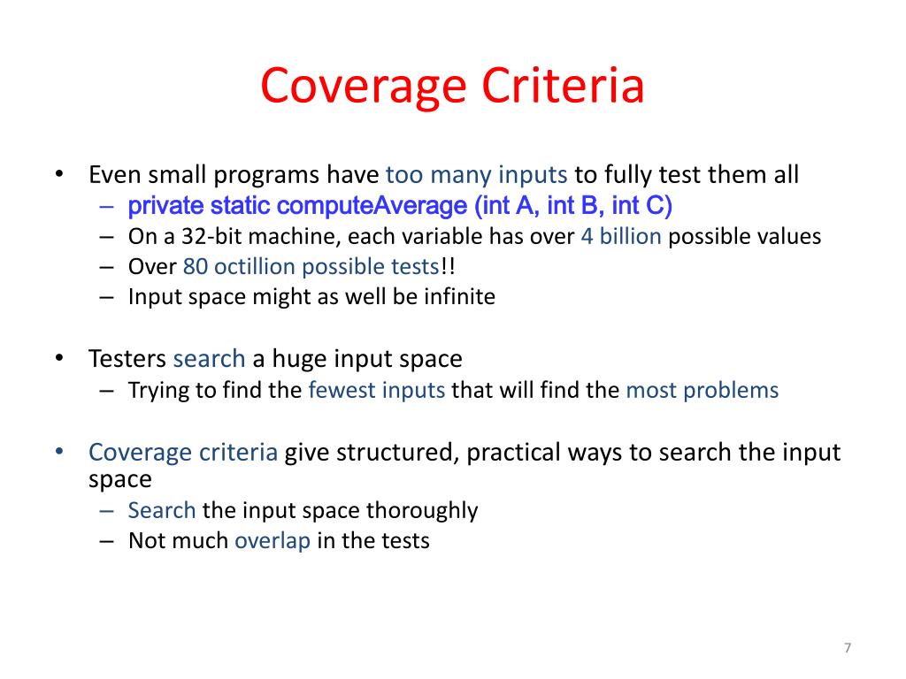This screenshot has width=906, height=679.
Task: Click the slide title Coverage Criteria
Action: [x=452, y=87]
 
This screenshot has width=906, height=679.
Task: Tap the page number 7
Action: [x=847, y=648]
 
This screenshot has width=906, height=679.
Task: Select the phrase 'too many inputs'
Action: [x=476, y=174]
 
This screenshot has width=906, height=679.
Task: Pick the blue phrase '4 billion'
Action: [x=621, y=237]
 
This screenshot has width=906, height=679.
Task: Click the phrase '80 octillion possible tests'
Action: [x=311, y=266]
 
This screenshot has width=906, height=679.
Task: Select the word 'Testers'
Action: [x=127, y=359]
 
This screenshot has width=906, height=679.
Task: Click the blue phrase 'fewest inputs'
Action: [x=377, y=390]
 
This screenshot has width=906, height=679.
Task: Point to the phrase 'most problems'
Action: [x=703, y=390]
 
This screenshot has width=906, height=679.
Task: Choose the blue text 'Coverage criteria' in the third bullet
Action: [x=183, y=453]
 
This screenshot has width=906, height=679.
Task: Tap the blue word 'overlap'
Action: [x=273, y=540]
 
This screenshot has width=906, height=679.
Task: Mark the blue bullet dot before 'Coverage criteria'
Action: [x=59, y=453]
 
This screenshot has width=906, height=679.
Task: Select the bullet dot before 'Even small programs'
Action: [x=59, y=174]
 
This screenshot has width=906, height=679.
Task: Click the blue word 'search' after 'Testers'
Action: [x=210, y=359]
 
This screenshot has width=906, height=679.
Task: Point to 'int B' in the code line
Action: [x=575, y=206]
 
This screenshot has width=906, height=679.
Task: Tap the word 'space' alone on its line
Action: [x=120, y=479]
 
